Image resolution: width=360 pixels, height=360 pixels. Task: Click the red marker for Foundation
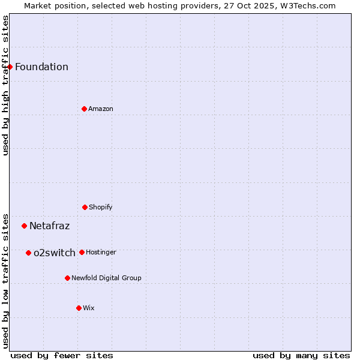click(10, 67)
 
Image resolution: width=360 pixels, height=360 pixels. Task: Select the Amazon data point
click(84, 109)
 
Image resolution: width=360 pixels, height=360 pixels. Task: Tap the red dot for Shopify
click(85, 207)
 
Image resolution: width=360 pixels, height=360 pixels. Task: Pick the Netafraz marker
click(24, 226)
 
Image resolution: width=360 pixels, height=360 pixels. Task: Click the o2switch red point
click(28, 253)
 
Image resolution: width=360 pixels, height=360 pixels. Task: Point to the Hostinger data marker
click(82, 252)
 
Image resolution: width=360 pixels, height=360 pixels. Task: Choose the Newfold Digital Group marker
click(67, 278)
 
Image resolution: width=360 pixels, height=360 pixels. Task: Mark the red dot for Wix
click(79, 308)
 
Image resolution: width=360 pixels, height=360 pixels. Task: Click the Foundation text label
click(41, 67)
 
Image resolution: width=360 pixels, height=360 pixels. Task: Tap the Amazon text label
click(101, 109)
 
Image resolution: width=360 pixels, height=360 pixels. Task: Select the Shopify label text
click(101, 207)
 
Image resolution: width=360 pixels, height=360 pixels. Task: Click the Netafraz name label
click(49, 226)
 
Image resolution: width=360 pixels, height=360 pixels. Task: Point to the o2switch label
click(55, 253)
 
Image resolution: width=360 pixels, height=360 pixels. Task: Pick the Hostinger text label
click(101, 252)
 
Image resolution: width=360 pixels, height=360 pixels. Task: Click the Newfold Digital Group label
click(106, 278)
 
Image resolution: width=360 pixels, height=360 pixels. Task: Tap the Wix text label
click(89, 308)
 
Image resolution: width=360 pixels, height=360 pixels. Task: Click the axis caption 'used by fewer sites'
click(62, 355)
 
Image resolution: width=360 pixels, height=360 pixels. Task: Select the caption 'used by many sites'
click(301, 355)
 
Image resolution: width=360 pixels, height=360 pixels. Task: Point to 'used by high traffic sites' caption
click(5, 85)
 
